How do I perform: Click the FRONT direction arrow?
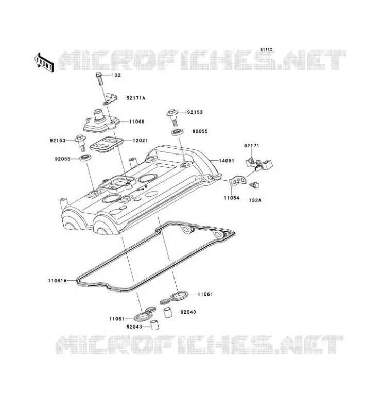(44, 62)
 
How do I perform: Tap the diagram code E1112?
(266, 49)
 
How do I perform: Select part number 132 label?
(116, 75)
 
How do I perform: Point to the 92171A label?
(136, 98)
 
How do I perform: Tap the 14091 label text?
(226, 161)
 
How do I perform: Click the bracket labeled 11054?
(237, 181)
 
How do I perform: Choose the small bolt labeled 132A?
(255, 185)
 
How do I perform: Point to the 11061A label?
(57, 280)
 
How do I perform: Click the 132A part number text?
(255, 200)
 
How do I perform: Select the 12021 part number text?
(140, 141)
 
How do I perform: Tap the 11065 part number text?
(136, 122)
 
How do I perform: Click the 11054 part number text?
(232, 198)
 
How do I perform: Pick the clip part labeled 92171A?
(111, 98)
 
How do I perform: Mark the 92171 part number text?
(251, 146)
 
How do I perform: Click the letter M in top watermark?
(69, 60)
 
